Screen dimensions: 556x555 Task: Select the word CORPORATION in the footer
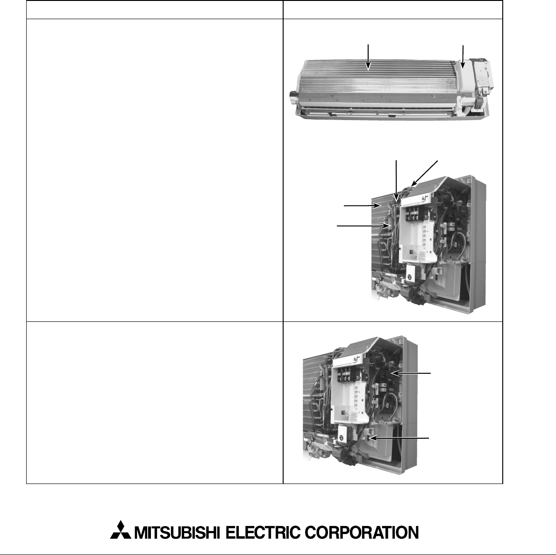click(x=361, y=533)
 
